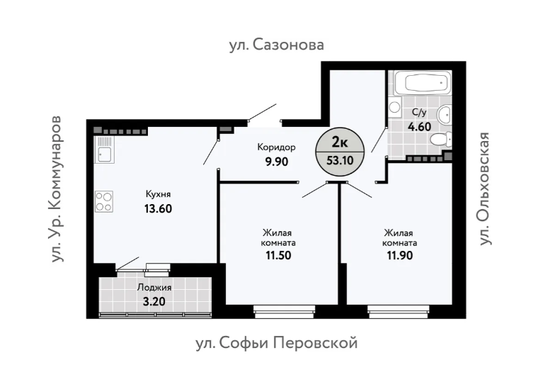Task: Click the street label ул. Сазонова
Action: tap(276, 45)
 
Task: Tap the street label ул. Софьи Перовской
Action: tap(277, 344)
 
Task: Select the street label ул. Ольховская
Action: tap(485, 189)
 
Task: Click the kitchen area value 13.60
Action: tap(158, 208)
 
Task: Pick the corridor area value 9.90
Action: tap(277, 162)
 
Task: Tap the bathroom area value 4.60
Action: tap(419, 127)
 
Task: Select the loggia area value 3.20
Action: tap(154, 302)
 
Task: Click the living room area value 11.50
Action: tap(278, 255)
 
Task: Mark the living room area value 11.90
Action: tap(399, 255)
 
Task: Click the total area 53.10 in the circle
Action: tap(340, 160)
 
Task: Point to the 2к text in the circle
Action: tap(340, 142)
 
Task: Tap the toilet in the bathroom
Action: tap(440, 139)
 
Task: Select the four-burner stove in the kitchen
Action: tap(104, 202)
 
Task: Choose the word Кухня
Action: tap(159, 193)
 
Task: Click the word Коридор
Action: tap(276, 147)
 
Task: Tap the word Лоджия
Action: tap(154, 287)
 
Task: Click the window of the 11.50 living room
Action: tap(285, 312)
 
